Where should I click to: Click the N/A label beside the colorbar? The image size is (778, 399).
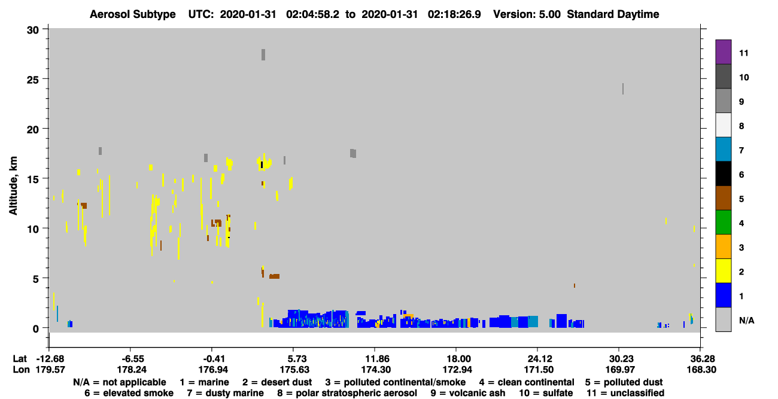[x=746, y=320]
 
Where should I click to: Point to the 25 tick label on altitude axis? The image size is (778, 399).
[x=33, y=80]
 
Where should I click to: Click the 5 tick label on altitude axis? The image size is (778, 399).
[x=36, y=279]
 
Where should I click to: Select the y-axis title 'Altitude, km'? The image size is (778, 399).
[x=13, y=185]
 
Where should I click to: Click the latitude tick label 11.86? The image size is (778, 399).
[x=376, y=359]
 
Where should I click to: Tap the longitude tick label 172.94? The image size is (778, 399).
[x=457, y=370]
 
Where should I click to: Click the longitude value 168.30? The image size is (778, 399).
[x=701, y=370]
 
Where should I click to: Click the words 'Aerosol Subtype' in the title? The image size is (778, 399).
[x=133, y=14]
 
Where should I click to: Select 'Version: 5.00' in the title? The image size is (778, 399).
[x=527, y=14]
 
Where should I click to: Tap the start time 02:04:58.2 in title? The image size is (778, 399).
[x=312, y=14]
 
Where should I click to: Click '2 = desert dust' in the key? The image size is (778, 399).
[x=277, y=382]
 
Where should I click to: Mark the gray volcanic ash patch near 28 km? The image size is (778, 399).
[x=263, y=54]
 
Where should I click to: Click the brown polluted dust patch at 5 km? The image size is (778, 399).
[x=274, y=276]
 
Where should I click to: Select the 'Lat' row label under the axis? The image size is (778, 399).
[x=20, y=359]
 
